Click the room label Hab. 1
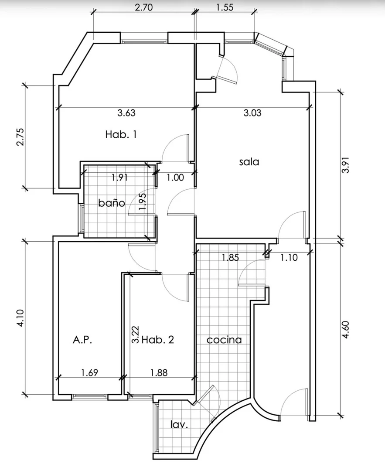pyautogui.click(x=121, y=134)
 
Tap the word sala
pyautogui.click(x=249, y=162)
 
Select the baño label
pyautogui.click(x=112, y=203)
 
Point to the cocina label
pyautogui.click(x=224, y=340)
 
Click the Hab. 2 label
pyautogui.click(x=158, y=340)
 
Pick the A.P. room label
pyautogui.click(x=82, y=340)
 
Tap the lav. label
pyautogui.click(x=179, y=424)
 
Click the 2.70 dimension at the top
pyautogui.click(x=143, y=7)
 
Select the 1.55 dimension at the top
pyautogui.click(x=225, y=7)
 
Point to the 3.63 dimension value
pyautogui.click(x=126, y=113)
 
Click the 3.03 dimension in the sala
pyautogui.click(x=252, y=113)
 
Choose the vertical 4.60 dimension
pyautogui.click(x=346, y=330)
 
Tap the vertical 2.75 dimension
pyautogui.click(x=20, y=137)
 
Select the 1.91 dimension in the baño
pyautogui.click(x=119, y=177)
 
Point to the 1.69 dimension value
pyautogui.click(x=89, y=372)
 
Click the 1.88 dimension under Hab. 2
pyautogui.click(x=159, y=372)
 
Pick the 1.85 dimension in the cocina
pyautogui.click(x=230, y=257)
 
